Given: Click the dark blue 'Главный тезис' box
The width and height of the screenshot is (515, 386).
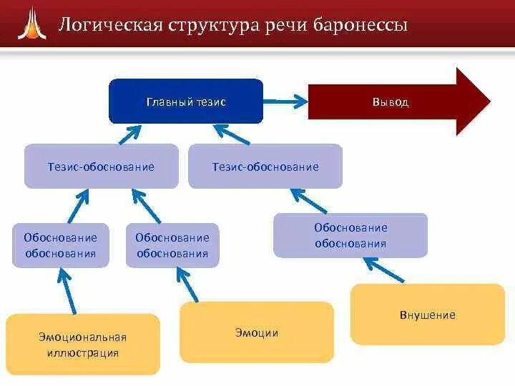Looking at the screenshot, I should (x=186, y=102).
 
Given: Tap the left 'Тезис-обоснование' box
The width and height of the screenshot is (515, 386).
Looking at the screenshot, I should (x=101, y=167).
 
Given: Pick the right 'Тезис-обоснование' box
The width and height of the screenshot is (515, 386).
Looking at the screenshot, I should (x=265, y=167).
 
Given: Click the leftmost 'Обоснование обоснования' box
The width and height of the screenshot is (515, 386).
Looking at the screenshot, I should (x=61, y=245).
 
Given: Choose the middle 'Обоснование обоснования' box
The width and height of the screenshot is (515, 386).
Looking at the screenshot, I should (x=172, y=245).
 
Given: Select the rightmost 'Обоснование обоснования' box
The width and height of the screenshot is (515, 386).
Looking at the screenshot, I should (x=350, y=235).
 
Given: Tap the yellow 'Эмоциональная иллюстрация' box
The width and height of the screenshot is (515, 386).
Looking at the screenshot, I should (x=82, y=344).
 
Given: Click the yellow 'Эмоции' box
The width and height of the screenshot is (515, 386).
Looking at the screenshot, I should (x=256, y=332).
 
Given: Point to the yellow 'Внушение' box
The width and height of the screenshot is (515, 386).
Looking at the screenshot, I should (x=427, y=315).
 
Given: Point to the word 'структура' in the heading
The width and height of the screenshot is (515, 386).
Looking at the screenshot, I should (x=212, y=26).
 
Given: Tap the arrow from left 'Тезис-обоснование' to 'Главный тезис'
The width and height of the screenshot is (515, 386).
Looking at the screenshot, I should (x=129, y=133).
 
